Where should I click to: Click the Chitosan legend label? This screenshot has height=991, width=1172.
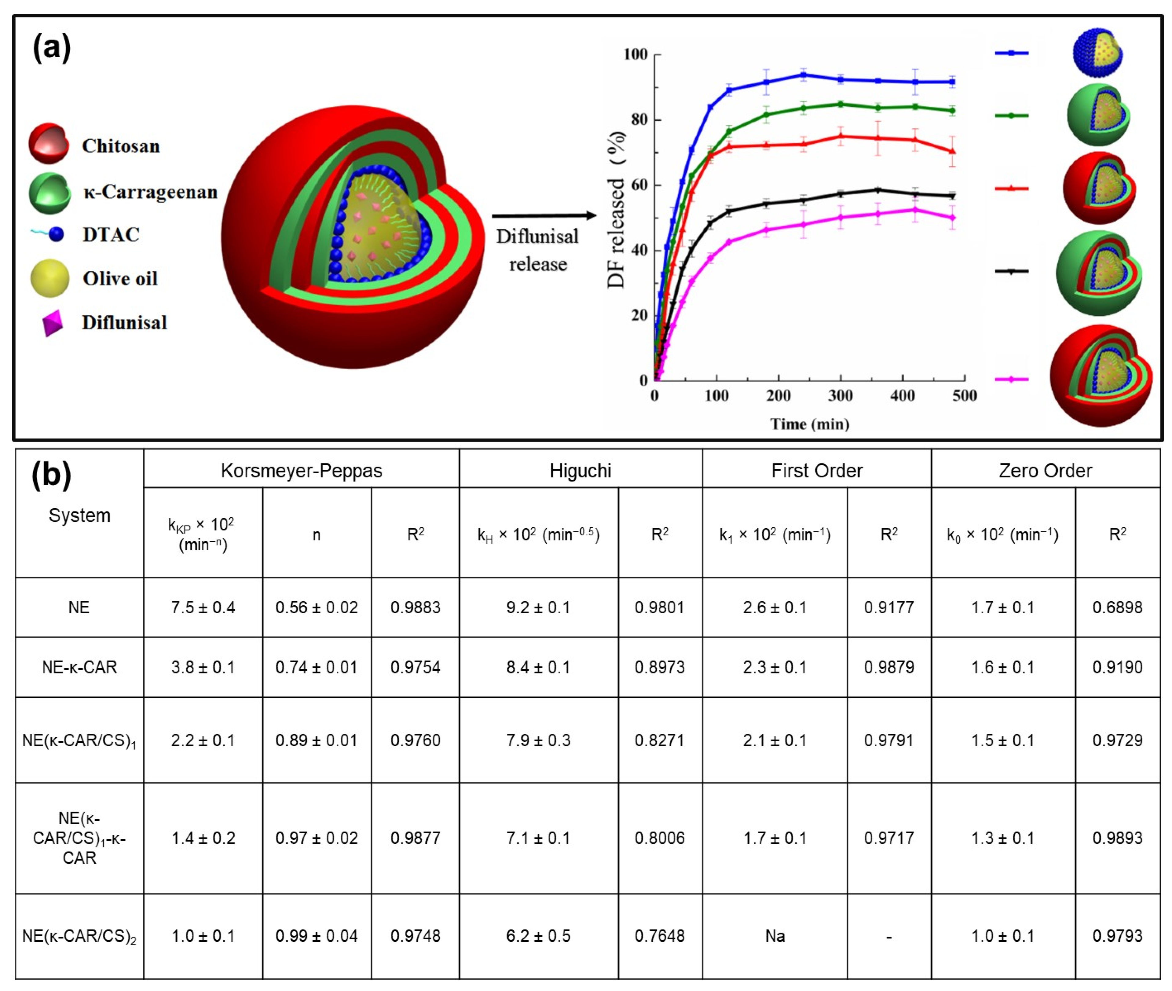(x=121, y=146)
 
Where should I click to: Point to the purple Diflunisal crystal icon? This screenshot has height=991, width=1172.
(x=52, y=323)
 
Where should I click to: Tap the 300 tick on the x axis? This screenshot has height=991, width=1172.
(x=840, y=395)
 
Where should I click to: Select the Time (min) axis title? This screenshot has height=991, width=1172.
(x=809, y=424)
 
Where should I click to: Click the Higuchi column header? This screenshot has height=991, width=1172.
(x=580, y=470)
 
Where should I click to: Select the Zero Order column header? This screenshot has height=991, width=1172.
(x=1045, y=470)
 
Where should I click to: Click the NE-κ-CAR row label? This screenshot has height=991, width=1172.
(x=79, y=667)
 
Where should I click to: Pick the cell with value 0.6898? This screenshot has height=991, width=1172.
(x=1117, y=607)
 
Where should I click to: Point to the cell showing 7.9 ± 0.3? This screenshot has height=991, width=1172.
(x=538, y=740)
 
